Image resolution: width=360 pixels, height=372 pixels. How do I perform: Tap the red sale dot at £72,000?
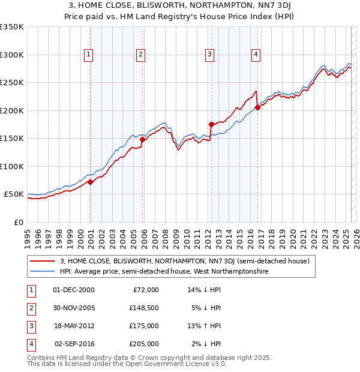click(90, 182)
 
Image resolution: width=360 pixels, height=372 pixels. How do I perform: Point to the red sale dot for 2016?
click(257, 107)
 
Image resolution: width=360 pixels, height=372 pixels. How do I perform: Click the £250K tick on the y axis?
click(12, 83)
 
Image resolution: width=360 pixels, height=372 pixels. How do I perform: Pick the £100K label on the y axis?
click(12, 166)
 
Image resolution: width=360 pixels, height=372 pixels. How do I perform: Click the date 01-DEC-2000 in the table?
click(73, 290)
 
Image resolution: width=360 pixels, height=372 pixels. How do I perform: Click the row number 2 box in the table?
click(31, 308)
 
